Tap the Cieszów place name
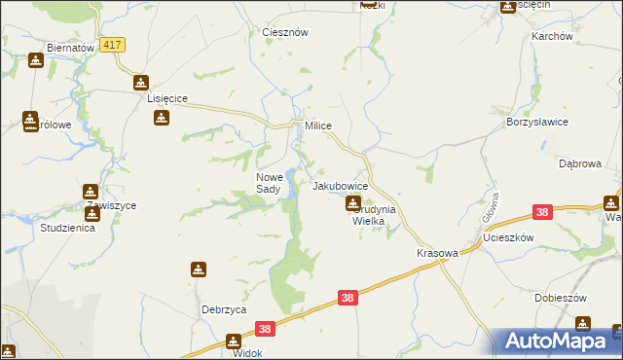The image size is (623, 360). pyautogui.click(x=285, y=32)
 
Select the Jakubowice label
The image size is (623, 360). pyautogui.click(x=340, y=185)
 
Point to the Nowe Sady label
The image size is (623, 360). pyautogui.click(x=269, y=183)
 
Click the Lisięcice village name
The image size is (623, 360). pyautogui.click(x=166, y=98)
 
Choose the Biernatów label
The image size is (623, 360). pyautogui.click(x=68, y=47)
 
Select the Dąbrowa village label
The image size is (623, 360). pyautogui.click(x=579, y=163)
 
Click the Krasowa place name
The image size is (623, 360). pyautogui.click(x=437, y=252)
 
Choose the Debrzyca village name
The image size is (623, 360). pyautogui.click(x=223, y=309)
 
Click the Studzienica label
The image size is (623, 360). pyautogui.click(x=67, y=229)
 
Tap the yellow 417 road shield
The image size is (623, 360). pyautogui.click(x=113, y=45)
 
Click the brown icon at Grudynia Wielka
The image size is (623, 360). pyautogui.click(x=353, y=203)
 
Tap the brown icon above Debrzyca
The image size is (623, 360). pyautogui.click(x=199, y=269)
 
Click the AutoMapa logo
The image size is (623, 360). pyautogui.click(x=558, y=341)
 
